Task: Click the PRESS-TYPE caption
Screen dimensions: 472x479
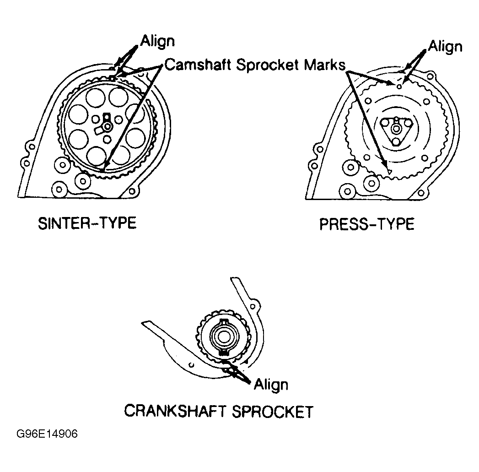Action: (367, 224)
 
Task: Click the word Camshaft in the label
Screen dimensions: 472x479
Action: (198, 65)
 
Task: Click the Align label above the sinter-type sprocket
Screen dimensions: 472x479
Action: (157, 41)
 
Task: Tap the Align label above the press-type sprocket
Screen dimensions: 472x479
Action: (445, 46)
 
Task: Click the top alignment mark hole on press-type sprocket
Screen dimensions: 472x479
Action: (399, 86)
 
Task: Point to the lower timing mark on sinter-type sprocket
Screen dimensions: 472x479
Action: (103, 171)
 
